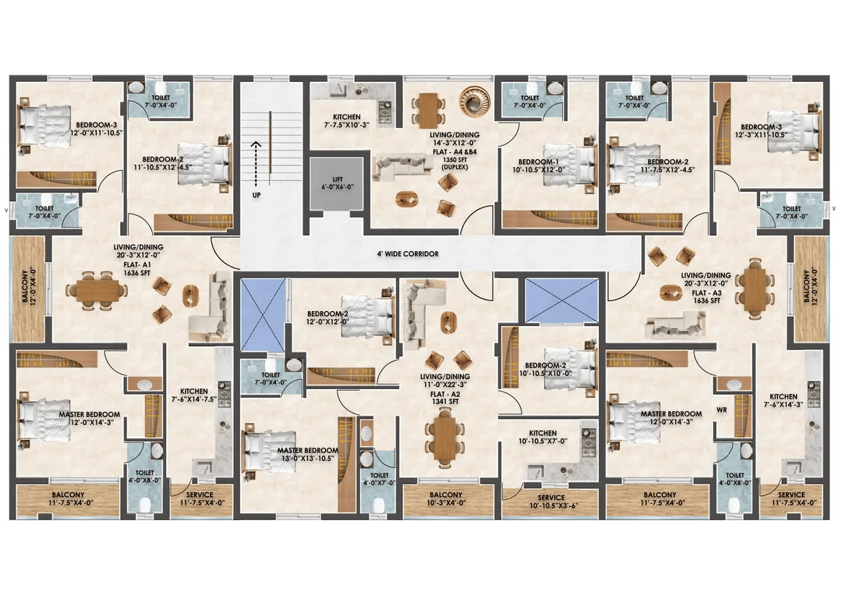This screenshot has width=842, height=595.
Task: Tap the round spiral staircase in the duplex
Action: (472, 100)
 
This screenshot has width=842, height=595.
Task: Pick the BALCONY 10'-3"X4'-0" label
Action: (445, 499)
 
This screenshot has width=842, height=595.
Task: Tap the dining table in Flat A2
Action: (444, 435)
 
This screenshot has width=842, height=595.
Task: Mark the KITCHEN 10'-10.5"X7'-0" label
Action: (543, 437)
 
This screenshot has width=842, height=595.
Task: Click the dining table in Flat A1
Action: (101, 290)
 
